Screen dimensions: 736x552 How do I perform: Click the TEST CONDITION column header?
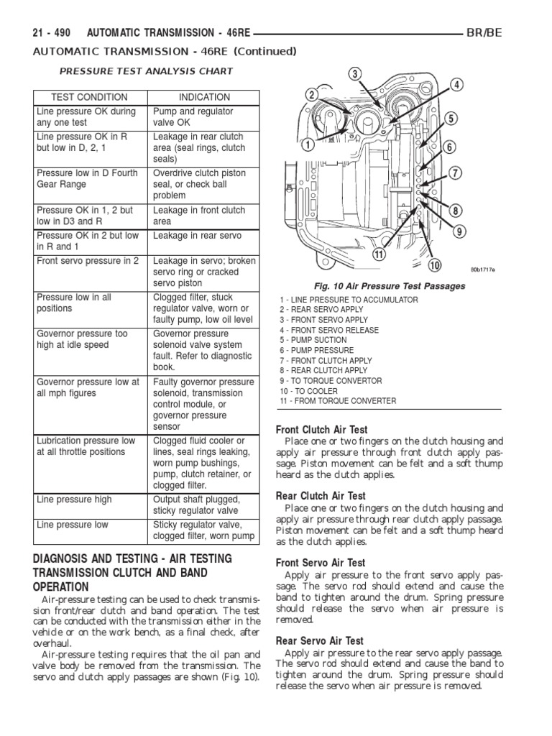89,97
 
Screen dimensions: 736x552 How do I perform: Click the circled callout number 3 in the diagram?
354,73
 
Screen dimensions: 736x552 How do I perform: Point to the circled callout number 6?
449,147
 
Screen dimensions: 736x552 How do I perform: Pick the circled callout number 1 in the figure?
307,144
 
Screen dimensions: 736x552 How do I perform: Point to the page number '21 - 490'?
52,33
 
